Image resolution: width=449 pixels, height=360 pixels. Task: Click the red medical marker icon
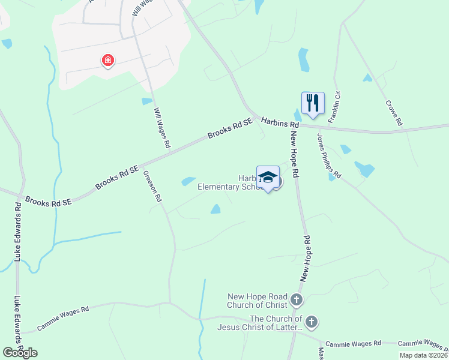pos(108,61)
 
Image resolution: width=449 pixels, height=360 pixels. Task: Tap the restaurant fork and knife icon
pos(312,103)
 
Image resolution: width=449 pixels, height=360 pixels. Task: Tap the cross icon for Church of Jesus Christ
pos(311,322)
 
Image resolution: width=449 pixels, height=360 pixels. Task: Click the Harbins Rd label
pos(280,122)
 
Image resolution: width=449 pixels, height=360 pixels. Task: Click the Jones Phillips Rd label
pos(329,155)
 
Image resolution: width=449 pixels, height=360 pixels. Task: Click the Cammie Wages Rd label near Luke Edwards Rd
pos(62,319)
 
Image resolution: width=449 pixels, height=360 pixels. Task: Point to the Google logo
pos(19,352)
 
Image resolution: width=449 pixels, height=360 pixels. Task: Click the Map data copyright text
pos(423,355)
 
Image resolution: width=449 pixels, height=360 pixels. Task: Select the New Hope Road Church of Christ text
pos(258,300)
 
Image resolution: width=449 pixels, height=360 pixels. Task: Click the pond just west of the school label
pos(188,181)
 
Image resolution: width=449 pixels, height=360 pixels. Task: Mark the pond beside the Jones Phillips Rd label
pos(364,169)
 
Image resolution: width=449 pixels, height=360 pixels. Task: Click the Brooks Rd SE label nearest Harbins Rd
pos(230,128)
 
